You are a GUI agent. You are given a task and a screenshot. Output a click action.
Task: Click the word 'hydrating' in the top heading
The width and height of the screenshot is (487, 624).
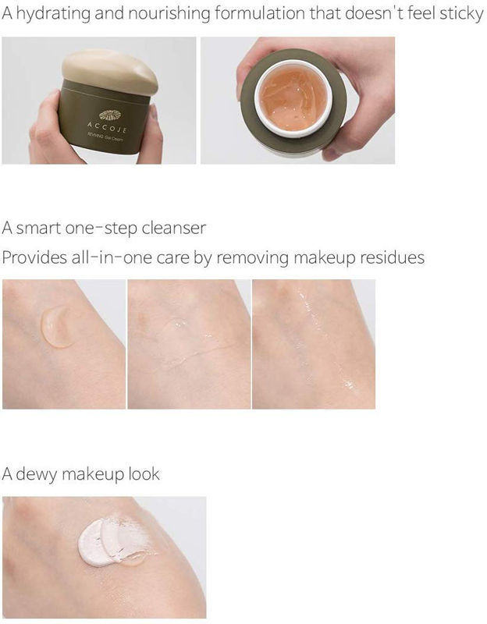pyautogui.click(x=53, y=14)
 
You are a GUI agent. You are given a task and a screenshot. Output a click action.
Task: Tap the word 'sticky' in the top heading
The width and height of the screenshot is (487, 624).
pyautogui.click(x=461, y=14)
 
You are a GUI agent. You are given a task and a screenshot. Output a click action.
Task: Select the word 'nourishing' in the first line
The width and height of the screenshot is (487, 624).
pyautogui.click(x=169, y=14)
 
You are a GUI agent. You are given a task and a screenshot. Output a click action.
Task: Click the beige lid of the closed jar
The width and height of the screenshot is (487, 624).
pyautogui.click(x=109, y=71)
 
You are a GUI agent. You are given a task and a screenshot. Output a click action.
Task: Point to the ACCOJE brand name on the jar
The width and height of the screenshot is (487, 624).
pyautogui.click(x=107, y=128)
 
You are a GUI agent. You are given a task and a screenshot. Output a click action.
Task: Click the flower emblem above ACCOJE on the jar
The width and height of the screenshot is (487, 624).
pyautogui.click(x=109, y=115)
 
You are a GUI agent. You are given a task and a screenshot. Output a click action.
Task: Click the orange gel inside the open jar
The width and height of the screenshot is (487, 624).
pyautogui.click(x=293, y=98)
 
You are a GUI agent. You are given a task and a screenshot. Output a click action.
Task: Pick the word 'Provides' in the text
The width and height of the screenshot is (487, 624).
pyautogui.click(x=34, y=257)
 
